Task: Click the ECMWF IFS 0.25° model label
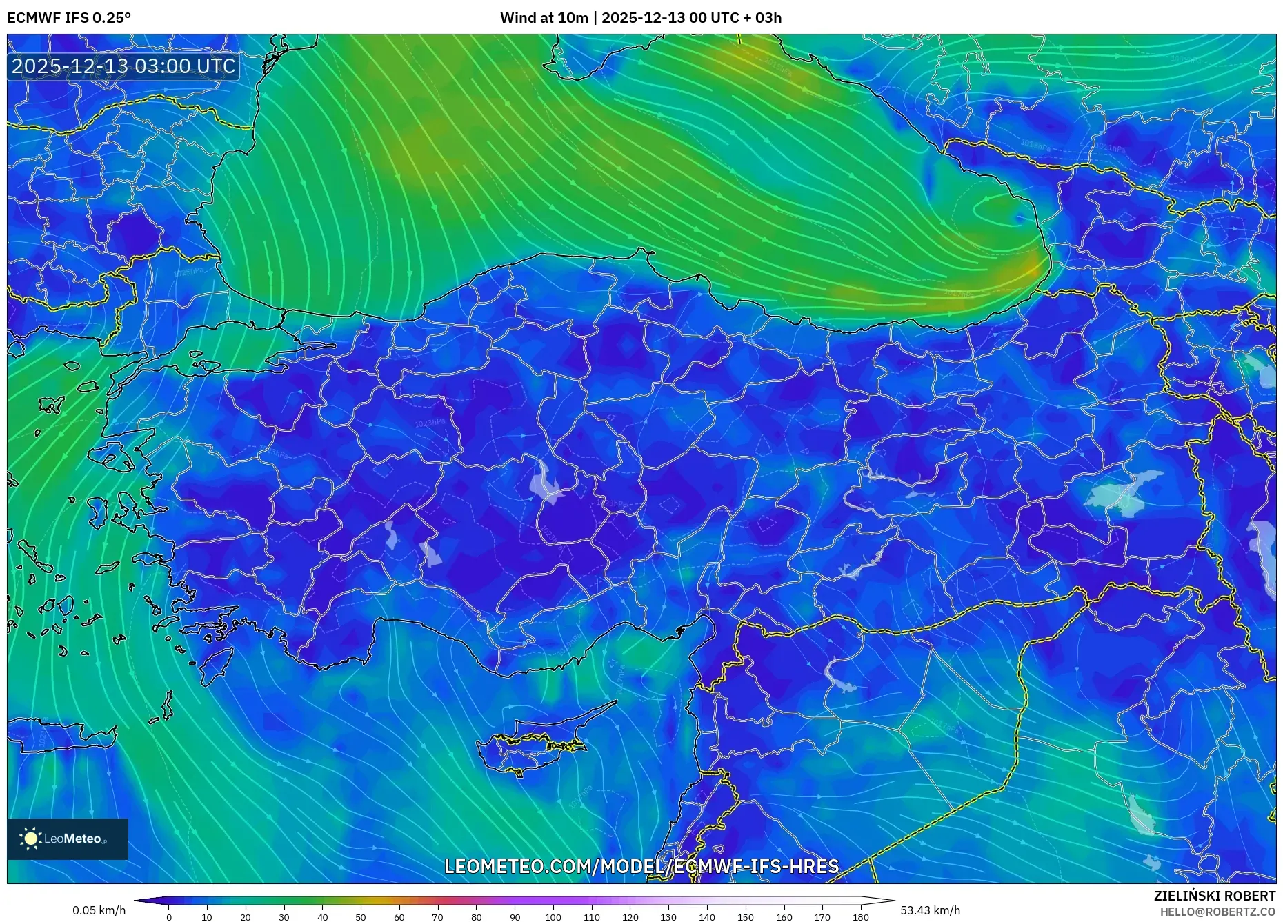(69, 18)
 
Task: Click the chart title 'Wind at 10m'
(544, 18)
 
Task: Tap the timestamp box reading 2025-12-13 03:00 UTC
(123, 66)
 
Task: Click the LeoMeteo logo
(68, 839)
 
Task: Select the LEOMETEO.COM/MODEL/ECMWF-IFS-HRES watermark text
(641, 866)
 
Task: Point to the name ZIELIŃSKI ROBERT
(1214, 896)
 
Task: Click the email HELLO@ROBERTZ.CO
(1217, 912)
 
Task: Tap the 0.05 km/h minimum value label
(99, 910)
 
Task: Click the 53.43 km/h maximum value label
(930, 910)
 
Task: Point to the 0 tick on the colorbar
(169, 917)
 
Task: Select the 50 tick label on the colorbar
(361, 917)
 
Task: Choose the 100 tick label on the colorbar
(553, 917)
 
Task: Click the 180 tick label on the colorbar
(860, 917)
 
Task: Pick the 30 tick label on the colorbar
(284, 917)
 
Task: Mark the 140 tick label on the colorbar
(706, 917)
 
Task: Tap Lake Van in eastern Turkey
(1124, 493)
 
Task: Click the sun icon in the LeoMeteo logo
(31, 839)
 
